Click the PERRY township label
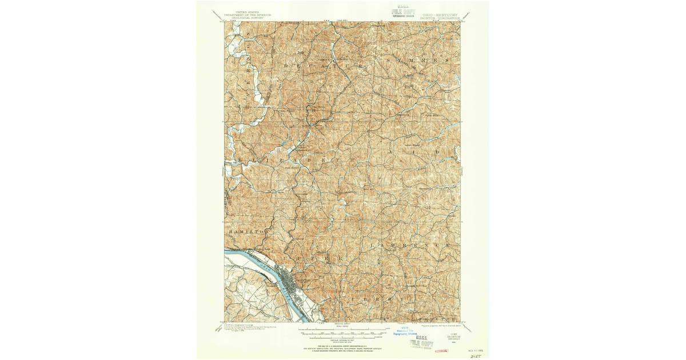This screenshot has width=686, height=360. pos(372,299)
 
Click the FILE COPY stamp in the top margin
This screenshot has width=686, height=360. pos(403,12)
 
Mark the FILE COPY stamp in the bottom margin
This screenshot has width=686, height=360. pos(419,342)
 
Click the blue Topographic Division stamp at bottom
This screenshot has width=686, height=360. pos(404,333)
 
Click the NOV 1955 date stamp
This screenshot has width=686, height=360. pos(476,343)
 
